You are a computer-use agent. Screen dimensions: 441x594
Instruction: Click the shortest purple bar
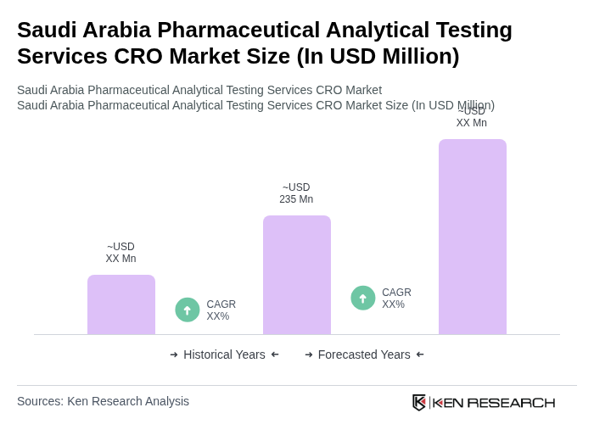pyautogui.click(x=121, y=304)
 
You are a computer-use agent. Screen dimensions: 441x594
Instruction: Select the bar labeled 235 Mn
pyautogui.click(x=297, y=275)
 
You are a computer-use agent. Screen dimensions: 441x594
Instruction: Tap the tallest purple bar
pyautogui.click(x=473, y=237)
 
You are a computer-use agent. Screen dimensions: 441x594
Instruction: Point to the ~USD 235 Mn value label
pyautogui.click(x=296, y=193)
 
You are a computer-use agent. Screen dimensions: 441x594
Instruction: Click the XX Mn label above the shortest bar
pyautogui.click(x=120, y=253)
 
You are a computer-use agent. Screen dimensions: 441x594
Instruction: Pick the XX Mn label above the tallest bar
pyautogui.click(x=472, y=118)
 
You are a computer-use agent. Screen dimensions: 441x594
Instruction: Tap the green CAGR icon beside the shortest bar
pyautogui.click(x=188, y=310)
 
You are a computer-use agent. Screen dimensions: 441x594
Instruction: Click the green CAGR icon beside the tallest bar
pyautogui.click(x=363, y=298)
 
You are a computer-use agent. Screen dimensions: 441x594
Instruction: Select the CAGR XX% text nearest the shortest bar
pyautogui.click(x=221, y=310)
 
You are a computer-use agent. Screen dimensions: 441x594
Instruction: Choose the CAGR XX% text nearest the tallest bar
pyautogui.click(x=396, y=299)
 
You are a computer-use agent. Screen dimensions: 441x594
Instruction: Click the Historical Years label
pyautogui.click(x=224, y=354)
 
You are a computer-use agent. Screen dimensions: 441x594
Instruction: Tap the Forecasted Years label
pyautogui.click(x=364, y=354)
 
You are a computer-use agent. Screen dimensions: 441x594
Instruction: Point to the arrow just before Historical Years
pyautogui.click(x=174, y=354)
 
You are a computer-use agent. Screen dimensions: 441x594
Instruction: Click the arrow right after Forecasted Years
pyautogui.click(x=420, y=354)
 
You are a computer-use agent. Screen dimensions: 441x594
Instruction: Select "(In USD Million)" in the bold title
pyautogui.click(x=378, y=56)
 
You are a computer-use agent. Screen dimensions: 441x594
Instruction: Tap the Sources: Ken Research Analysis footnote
pyautogui.click(x=103, y=401)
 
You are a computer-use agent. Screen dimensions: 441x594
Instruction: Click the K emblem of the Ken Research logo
pyautogui.click(x=419, y=402)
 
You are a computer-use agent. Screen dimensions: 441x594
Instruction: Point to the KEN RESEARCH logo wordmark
pyautogui.click(x=494, y=402)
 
